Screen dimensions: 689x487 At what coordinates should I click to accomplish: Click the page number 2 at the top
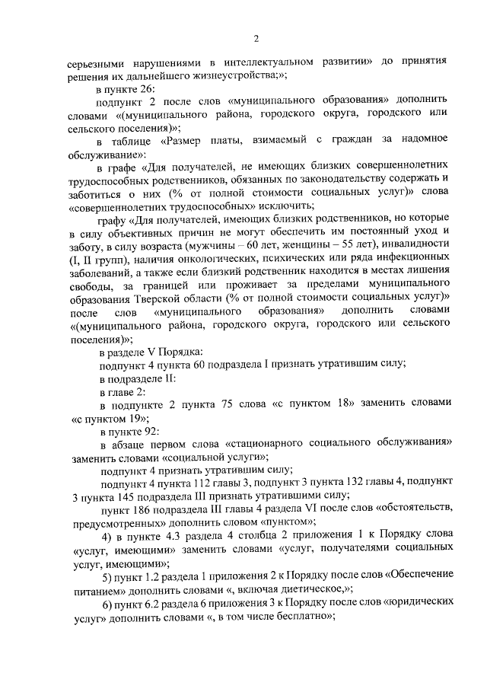256,39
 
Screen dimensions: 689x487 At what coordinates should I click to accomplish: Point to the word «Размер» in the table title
189,141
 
